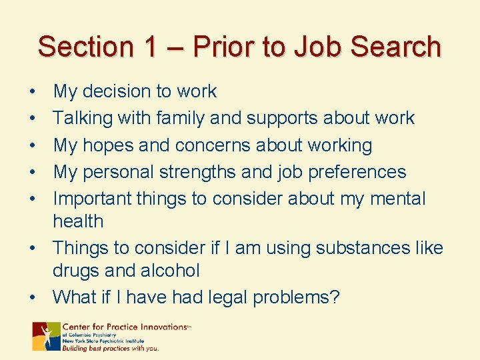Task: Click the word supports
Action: pyautogui.click(x=282, y=118)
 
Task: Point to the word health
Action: pyautogui.click(x=78, y=221)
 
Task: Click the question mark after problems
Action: pyautogui.click(x=335, y=297)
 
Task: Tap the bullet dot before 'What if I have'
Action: pyautogui.click(x=32, y=297)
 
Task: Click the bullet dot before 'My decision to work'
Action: pyautogui.click(x=32, y=92)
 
